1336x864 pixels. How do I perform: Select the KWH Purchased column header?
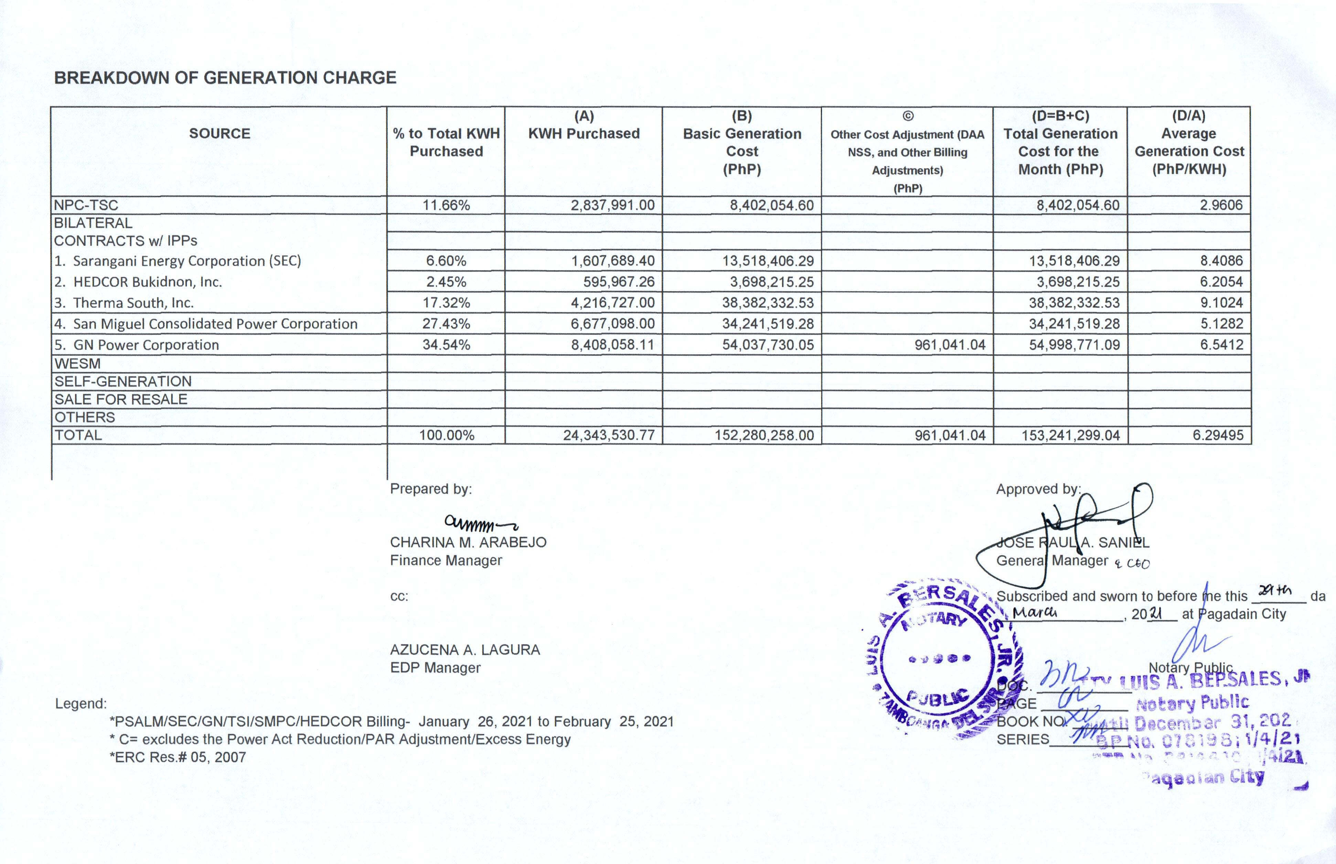click(x=584, y=133)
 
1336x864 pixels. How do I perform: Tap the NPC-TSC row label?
click(x=86, y=205)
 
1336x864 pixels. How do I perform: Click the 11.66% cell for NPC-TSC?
click(x=446, y=205)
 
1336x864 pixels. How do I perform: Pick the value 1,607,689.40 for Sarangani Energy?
click(x=613, y=261)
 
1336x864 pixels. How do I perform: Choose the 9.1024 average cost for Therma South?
click(x=1221, y=303)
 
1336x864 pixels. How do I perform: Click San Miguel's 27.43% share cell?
click(x=446, y=324)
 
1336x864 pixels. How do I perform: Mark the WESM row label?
click(x=77, y=364)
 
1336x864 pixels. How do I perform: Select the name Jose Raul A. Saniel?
click(x=1072, y=542)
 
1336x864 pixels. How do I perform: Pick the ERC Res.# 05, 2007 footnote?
click(x=178, y=757)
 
